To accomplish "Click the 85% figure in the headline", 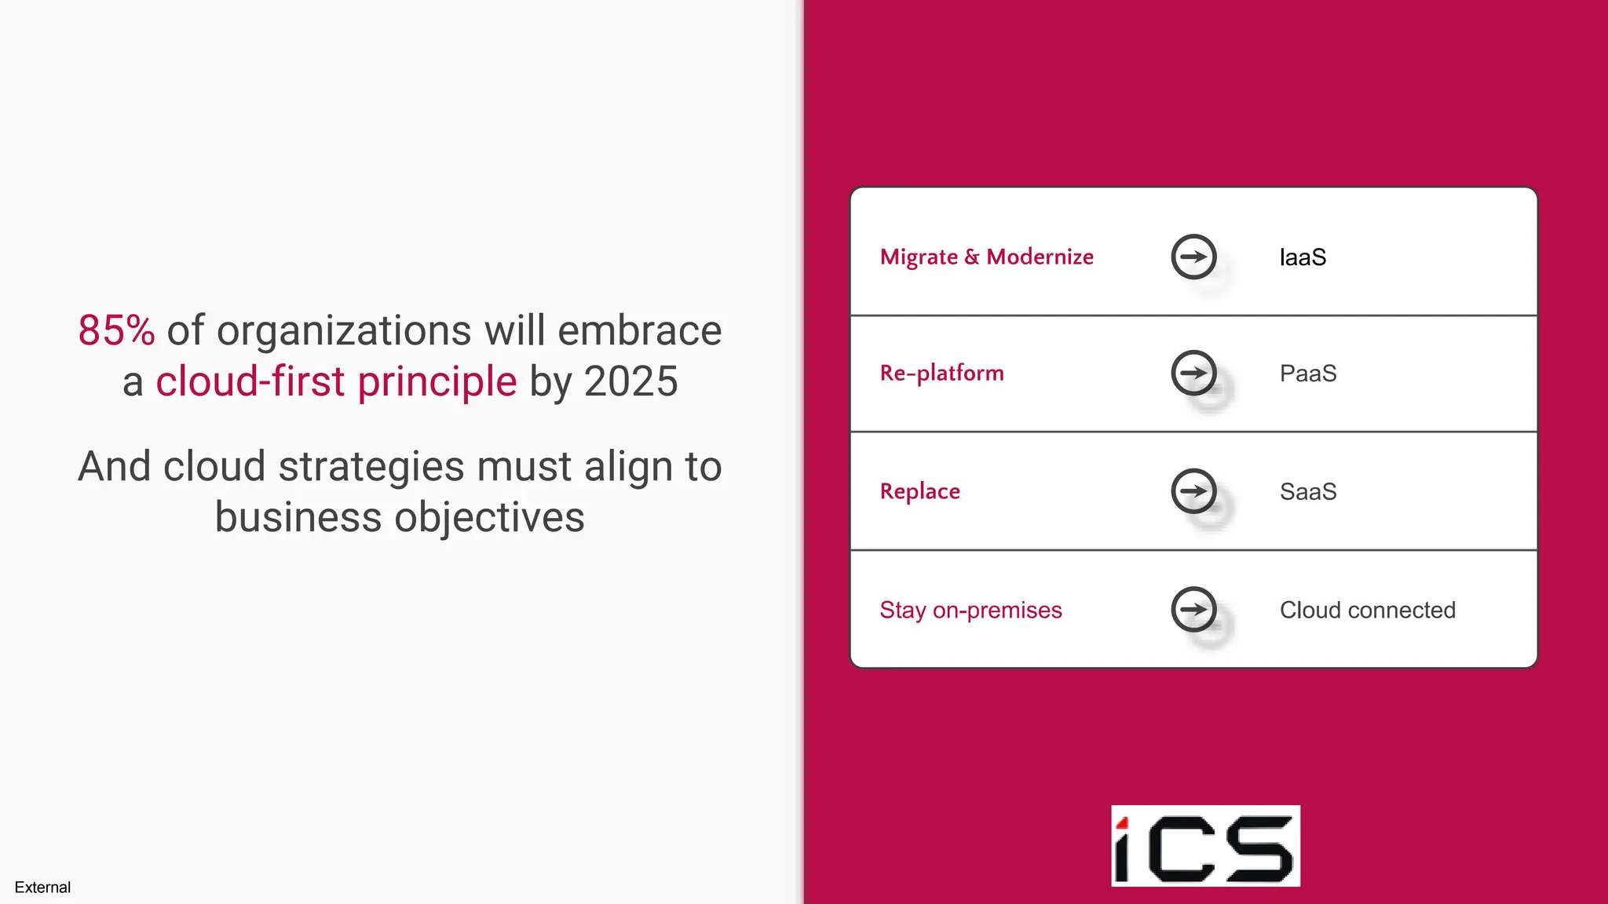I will [116, 330].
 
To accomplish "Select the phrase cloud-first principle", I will [336, 381].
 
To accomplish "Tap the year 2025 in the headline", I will [630, 381].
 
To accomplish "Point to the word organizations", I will [344, 330].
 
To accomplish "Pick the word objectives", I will [489, 517].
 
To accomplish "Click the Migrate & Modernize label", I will [986, 257].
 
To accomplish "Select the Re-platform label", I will [941, 373].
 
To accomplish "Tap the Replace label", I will [919, 491].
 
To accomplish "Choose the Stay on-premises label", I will [970, 610].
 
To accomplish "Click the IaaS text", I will [1303, 257].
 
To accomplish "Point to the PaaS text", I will [1308, 374].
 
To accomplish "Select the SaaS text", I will [1308, 492].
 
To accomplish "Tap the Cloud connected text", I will [1367, 610].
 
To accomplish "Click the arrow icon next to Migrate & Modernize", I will [1193, 257].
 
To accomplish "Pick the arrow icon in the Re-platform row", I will [1193, 373].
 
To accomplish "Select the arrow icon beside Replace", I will [1193, 491].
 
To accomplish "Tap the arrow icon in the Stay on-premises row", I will [1193, 609].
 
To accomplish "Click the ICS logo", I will [1205, 846].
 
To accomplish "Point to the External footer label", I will [42, 888].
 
